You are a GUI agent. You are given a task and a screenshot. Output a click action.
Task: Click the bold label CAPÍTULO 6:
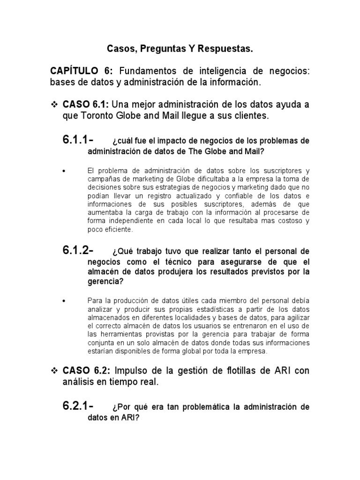(x=82, y=71)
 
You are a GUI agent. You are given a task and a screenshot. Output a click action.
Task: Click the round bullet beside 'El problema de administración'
(x=64, y=171)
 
